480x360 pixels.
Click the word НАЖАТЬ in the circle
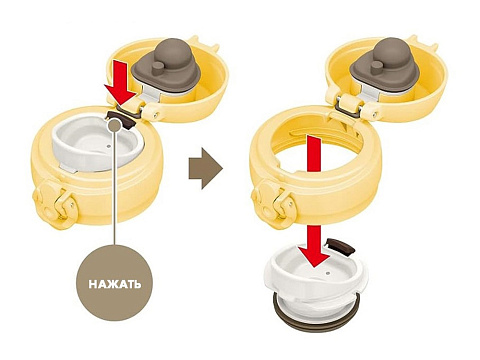[x=115, y=284]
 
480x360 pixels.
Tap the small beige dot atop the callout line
[x=115, y=126]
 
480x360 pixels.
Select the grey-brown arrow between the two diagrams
[x=206, y=169]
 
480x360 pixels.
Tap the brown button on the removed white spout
[x=341, y=246]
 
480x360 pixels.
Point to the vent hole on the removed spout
[x=328, y=273]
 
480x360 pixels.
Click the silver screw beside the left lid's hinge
[x=157, y=115]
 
